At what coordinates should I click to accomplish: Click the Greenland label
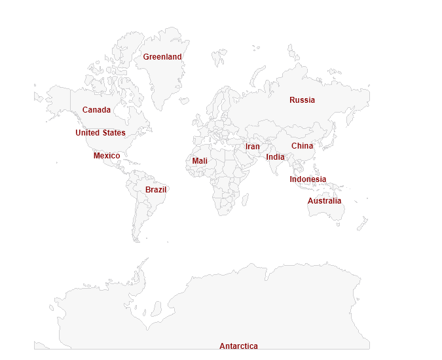[x=162, y=57]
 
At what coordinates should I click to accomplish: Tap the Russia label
[x=302, y=100]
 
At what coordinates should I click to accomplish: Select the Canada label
[x=96, y=110]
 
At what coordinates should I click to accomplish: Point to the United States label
[x=100, y=133]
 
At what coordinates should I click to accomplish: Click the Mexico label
[x=107, y=156]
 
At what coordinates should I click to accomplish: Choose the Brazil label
[x=156, y=190]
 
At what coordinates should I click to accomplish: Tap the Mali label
[x=200, y=161]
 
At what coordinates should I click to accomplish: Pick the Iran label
[x=253, y=147]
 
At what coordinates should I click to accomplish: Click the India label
[x=275, y=157]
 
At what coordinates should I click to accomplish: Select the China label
[x=303, y=146]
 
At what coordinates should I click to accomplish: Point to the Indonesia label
[x=308, y=179]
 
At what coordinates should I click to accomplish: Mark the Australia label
[x=325, y=201]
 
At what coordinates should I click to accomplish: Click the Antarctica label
[x=238, y=346]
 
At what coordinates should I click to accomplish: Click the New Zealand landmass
[x=361, y=223]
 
